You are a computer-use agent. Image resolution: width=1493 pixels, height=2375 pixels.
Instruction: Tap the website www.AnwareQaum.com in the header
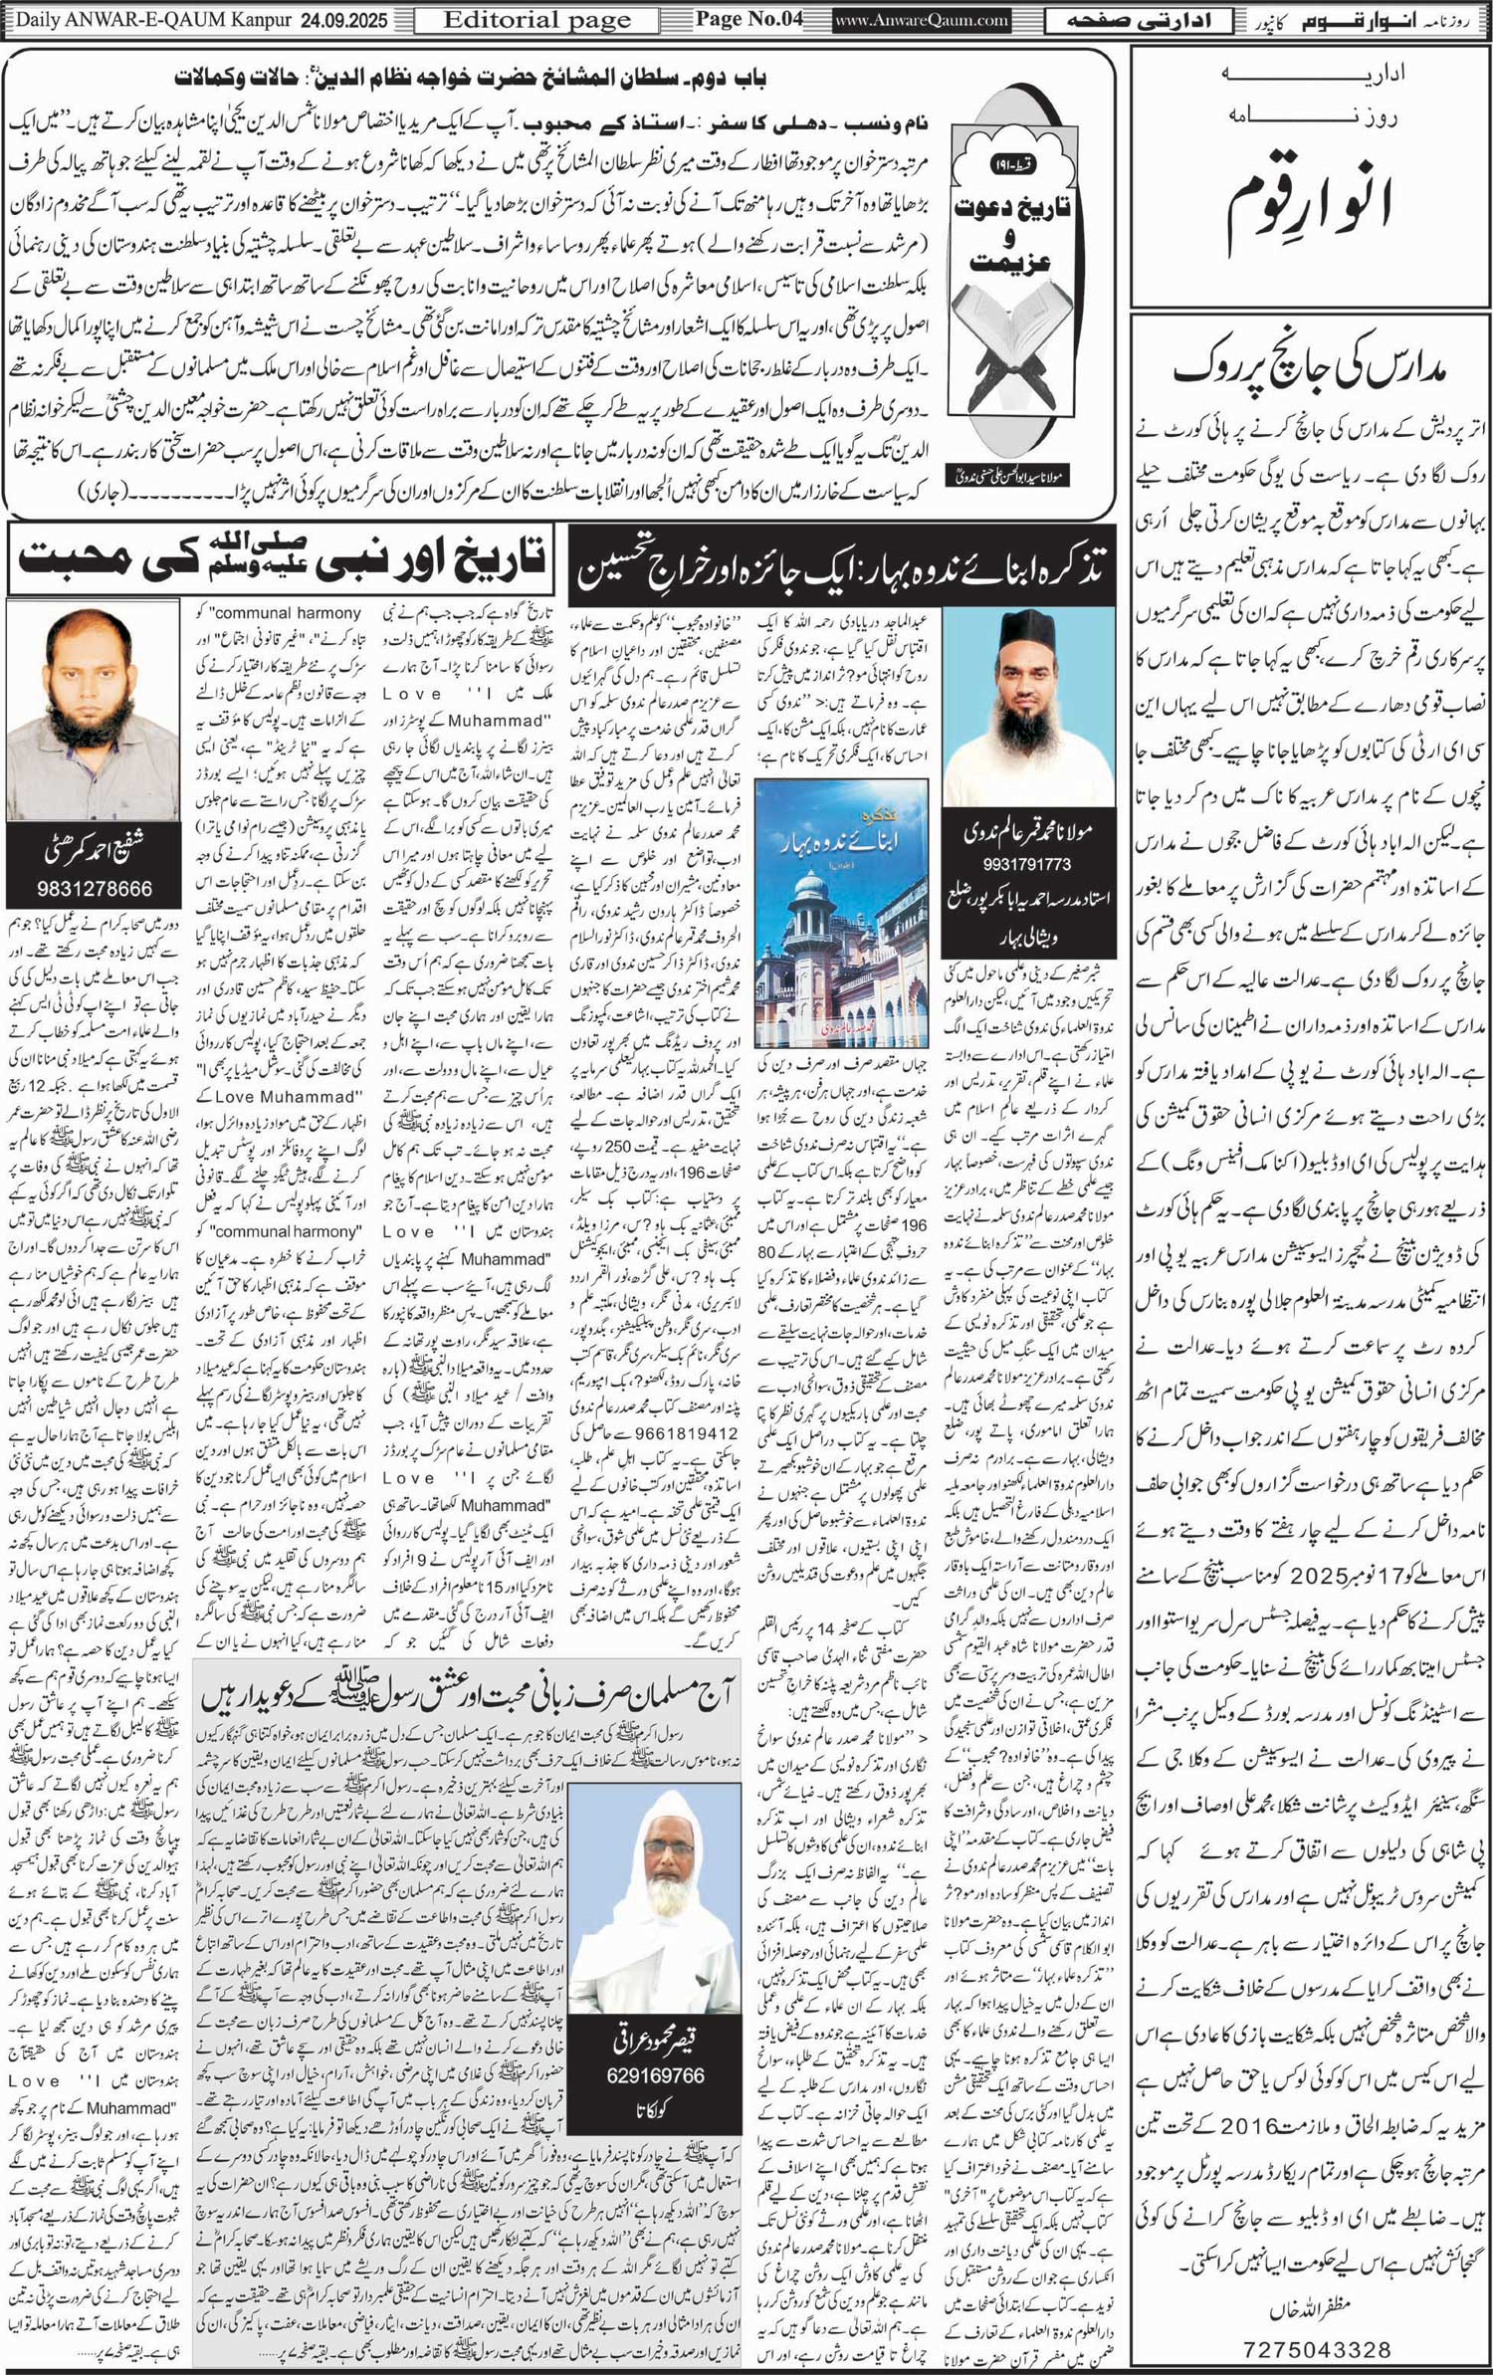point(920,20)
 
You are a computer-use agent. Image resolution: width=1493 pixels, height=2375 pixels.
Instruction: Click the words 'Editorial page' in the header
point(536,20)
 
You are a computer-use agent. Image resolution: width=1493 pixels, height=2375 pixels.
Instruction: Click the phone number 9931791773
point(1028,864)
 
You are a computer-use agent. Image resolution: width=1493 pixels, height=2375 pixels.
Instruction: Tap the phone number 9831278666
point(95,888)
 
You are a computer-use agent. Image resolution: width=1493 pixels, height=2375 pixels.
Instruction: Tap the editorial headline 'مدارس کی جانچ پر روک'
point(1311,370)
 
